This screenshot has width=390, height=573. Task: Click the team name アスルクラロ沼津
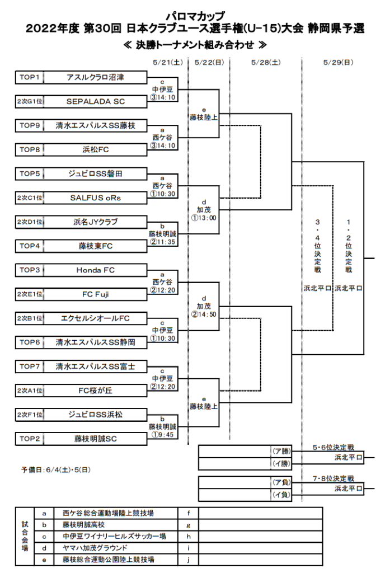coord(95,77)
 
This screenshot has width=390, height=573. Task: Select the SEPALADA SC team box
coord(95,101)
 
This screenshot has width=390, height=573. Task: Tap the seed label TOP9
coord(29,125)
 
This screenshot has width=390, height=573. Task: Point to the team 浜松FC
coord(95,149)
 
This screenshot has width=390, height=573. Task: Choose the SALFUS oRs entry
coord(95,198)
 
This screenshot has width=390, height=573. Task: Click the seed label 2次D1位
coord(29,222)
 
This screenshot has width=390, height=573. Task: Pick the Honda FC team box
coord(95,270)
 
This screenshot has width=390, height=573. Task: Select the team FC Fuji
coord(95,294)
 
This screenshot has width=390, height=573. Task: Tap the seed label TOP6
coord(29,342)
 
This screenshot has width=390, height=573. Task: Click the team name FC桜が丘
coord(95,391)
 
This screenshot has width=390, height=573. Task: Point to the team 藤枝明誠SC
coord(95,439)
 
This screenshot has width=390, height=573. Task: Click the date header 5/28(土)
coord(266,62)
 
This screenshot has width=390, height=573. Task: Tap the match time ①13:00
coord(204,218)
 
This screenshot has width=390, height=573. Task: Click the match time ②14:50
coord(204,314)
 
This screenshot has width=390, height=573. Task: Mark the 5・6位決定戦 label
coord(333,448)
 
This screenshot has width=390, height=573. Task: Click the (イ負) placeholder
coord(280,494)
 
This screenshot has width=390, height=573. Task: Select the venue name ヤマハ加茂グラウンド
coord(95,548)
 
